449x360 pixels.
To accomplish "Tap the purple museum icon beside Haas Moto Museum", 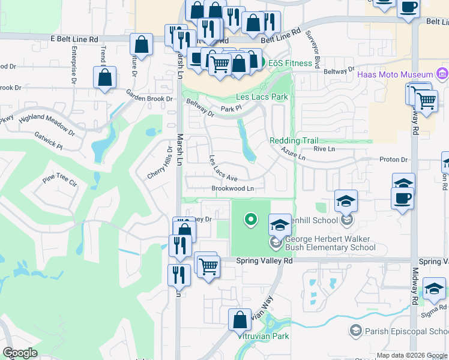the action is [x=442, y=74].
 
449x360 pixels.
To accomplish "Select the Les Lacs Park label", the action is [x=262, y=97].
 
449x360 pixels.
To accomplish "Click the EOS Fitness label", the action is [x=290, y=63].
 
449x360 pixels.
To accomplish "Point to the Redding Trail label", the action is [x=294, y=140].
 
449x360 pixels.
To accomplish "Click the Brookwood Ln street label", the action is [x=233, y=188].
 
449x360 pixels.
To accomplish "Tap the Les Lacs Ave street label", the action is [x=223, y=169].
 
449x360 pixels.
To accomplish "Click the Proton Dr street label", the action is [x=393, y=160].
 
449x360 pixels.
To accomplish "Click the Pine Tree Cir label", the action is [x=60, y=180].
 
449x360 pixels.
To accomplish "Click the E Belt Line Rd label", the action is [x=74, y=39].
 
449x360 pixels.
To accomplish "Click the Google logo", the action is [x=20, y=353].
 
